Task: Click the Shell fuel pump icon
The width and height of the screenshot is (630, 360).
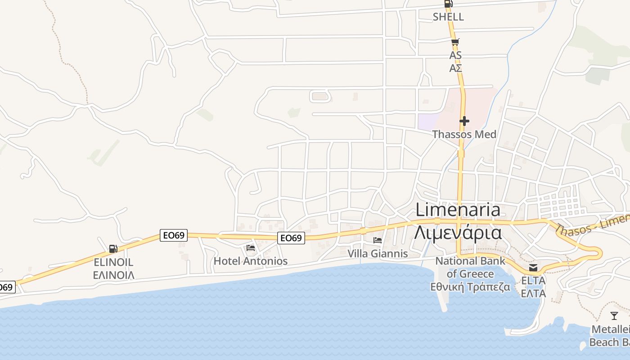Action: pyautogui.click(x=448, y=4)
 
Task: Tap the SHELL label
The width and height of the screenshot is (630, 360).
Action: pyautogui.click(x=448, y=17)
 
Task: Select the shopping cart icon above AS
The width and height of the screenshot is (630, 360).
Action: pyautogui.click(x=455, y=43)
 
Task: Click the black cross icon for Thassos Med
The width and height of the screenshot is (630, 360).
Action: pyautogui.click(x=464, y=121)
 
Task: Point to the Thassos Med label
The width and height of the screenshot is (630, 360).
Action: pyautogui.click(x=464, y=134)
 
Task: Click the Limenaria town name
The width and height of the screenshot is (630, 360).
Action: pyautogui.click(x=458, y=210)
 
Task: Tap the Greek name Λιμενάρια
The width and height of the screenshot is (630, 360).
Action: pyautogui.click(x=458, y=232)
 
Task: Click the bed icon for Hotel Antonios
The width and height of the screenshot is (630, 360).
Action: pyautogui.click(x=251, y=248)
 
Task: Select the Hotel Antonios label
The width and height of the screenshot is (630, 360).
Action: pyautogui.click(x=251, y=261)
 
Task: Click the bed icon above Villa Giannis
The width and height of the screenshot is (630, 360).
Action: pyautogui.click(x=378, y=241)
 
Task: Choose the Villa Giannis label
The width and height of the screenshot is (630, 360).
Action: pyautogui.click(x=378, y=254)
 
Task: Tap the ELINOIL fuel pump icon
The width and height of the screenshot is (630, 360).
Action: pyautogui.click(x=113, y=249)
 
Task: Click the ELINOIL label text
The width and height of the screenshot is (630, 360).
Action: pyautogui.click(x=113, y=262)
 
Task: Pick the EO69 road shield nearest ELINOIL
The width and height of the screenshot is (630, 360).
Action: pyautogui.click(x=174, y=235)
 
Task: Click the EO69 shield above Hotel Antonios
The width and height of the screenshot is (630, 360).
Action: pyautogui.click(x=291, y=238)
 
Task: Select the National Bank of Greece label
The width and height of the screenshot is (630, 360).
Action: pyautogui.click(x=470, y=267)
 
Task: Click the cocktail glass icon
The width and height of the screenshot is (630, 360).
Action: pyautogui.click(x=614, y=315)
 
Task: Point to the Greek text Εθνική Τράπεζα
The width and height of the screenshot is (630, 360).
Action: pyautogui.click(x=470, y=287)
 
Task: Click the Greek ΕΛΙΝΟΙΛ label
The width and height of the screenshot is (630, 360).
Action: pyautogui.click(x=113, y=275)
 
